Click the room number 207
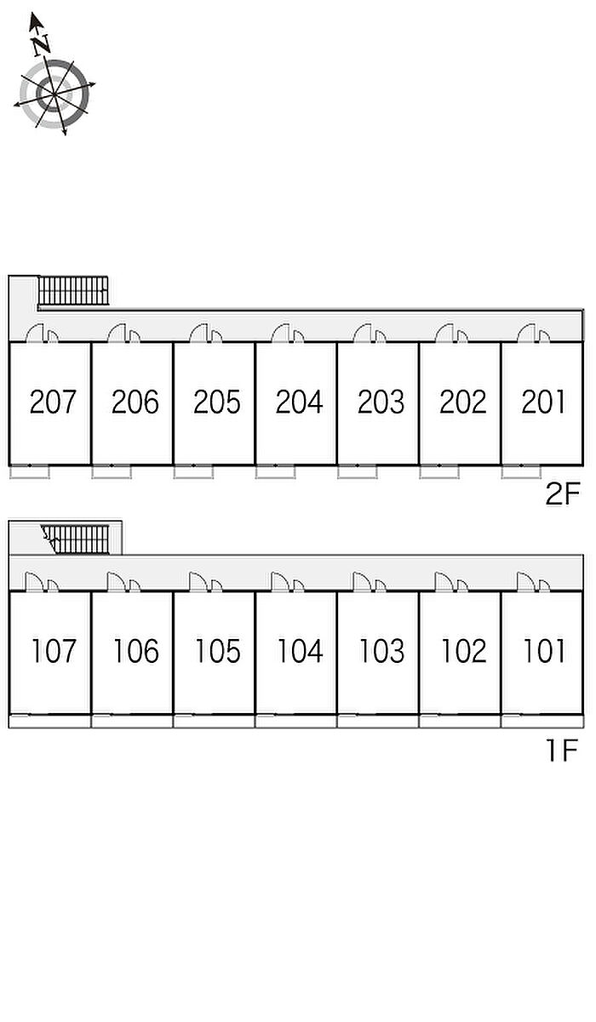tap(53, 402)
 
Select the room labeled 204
tap(299, 402)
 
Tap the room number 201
tap(543, 402)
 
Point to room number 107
tap(54, 651)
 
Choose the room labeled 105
tap(218, 651)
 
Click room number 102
tap(464, 651)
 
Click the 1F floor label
tap(562, 750)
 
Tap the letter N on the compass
tap(41, 45)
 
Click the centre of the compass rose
tap(54, 94)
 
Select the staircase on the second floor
tap(73, 290)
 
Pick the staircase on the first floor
tap(76, 540)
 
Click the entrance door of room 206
tap(117, 333)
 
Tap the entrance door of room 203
tap(363, 333)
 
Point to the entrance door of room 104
tap(279, 582)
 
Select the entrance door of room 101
tap(525, 582)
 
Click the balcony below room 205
tap(193, 471)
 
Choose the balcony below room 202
tap(439, 471)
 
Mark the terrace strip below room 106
tap(132, 722)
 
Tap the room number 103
tap(382, 651)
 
